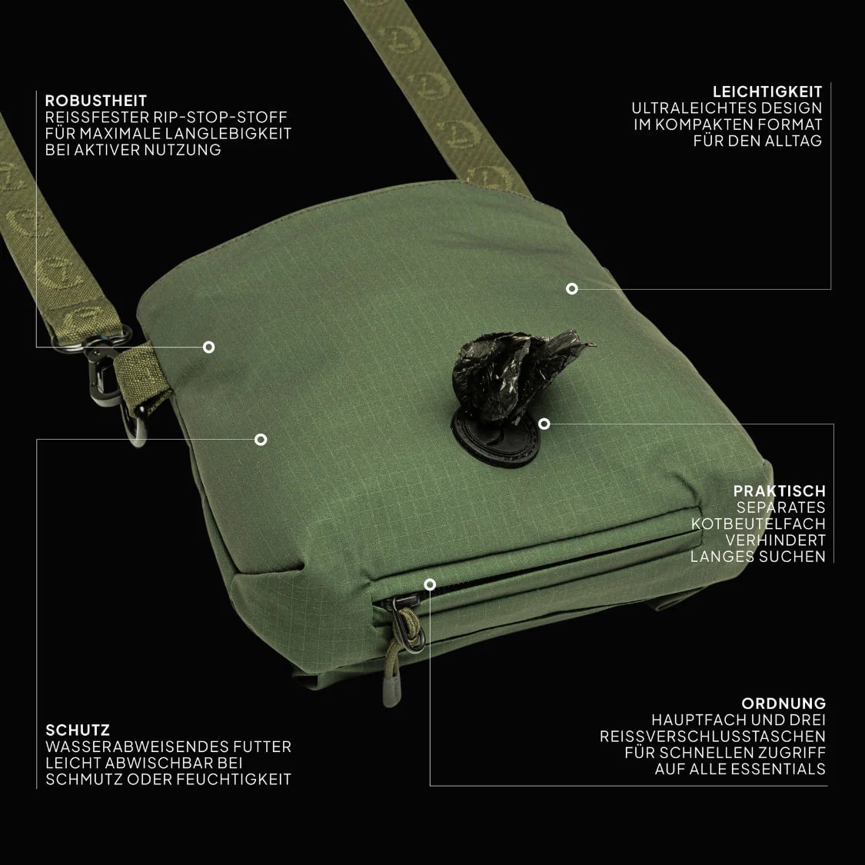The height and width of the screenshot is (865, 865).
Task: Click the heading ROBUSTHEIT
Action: (x=96, y=101)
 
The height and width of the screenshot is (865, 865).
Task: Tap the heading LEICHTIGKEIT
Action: (x=767, y=91)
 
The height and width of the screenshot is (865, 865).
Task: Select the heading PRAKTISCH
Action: (x=780, y=491)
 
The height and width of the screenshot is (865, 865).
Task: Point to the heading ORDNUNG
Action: (x=784, y=704)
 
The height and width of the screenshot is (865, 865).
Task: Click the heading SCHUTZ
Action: (x=78, y=730)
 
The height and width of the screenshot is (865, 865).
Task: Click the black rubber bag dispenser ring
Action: (x=497, y=438)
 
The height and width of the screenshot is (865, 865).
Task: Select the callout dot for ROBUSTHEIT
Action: (x=208, y=347)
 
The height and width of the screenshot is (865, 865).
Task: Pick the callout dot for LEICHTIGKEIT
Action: (x=572, y=288)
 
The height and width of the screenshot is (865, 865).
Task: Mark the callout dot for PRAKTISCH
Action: (x=544, y=424)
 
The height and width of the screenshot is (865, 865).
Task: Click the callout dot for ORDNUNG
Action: (x=431, y=584)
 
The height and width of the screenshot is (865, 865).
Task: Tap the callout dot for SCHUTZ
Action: (x=261, y=439)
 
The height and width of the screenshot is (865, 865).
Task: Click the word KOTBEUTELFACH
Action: (x=759, y=524)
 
